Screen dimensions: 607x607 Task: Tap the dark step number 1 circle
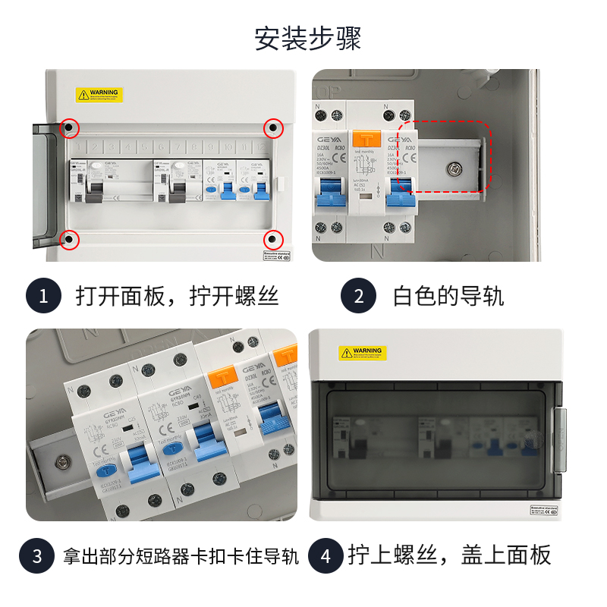point(43,296)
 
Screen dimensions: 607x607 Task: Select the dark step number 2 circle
point(359,296)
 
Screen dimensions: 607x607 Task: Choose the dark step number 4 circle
point(326,556)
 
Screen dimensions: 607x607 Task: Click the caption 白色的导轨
point(448,296)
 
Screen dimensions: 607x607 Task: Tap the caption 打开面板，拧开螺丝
point(178,296)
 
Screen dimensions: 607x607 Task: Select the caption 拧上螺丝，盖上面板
point(450,556)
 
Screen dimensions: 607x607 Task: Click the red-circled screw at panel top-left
point(69,128)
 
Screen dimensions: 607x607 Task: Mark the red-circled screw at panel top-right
point(273,128)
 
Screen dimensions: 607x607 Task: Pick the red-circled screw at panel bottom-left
point(69,239)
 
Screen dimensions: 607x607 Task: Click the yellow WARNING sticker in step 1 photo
point(99,95)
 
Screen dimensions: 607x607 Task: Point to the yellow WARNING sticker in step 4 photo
point(363,353)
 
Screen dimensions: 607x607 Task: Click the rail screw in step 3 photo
point(59,459)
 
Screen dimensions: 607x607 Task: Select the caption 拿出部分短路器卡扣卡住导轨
point(182,556)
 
